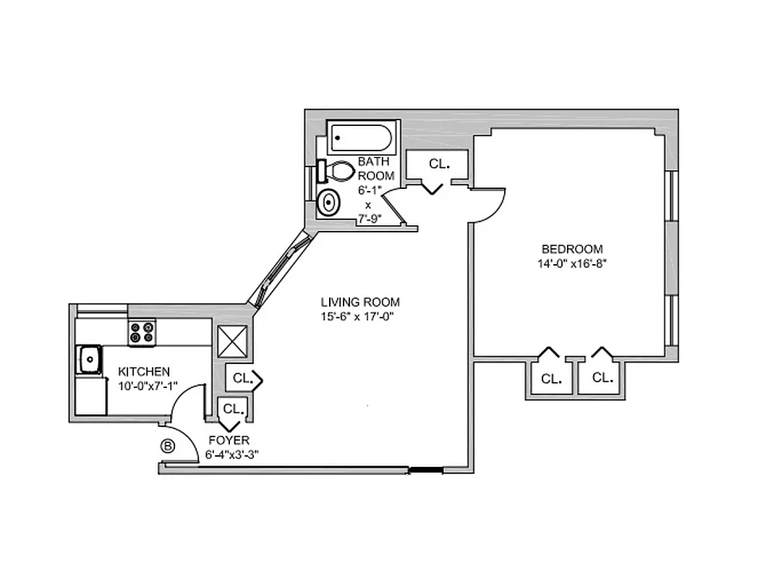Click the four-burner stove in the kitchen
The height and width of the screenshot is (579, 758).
click(x=142, y=332)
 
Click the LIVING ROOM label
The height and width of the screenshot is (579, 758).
click(x=360, y=302)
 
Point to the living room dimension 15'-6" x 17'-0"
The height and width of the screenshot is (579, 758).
click(x=360, y=316)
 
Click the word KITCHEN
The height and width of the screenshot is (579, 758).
click(x=144, y=371)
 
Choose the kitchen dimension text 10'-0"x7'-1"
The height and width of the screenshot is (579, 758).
click(x=148, y=385)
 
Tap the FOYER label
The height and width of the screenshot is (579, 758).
click(x=229, y=440)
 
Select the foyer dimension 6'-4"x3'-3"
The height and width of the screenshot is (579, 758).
click(x=232, y=455)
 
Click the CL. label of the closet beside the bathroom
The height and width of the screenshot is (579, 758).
click(x=439, y=164)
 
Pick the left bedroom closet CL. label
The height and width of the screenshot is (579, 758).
click(x=551, y=379)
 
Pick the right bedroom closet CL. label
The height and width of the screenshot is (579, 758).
click(x=602, y=377)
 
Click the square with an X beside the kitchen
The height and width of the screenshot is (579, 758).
click(x=232, y=341)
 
